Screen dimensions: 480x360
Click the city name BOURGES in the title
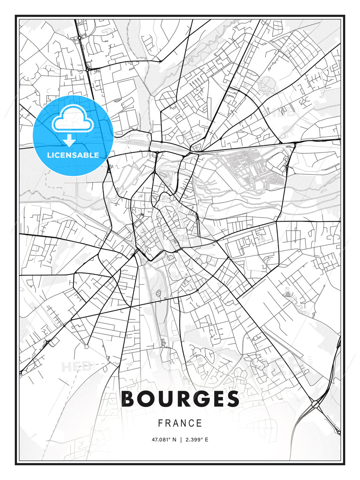point(180,399)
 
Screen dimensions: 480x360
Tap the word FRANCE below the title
point(180,423)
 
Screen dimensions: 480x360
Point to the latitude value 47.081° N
point(164,440)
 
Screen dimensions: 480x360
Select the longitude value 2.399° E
point(197,440)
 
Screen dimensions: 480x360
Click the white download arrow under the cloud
point(69,140)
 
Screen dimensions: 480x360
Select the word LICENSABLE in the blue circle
point(73,155)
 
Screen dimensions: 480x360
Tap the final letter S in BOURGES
point(232,399)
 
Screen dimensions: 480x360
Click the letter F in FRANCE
point(160,423)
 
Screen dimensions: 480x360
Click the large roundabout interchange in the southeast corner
point(315,404)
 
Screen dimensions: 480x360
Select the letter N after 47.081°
point(174,440)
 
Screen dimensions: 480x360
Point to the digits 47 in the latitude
point(154,440)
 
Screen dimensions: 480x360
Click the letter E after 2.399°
point(206,440)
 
